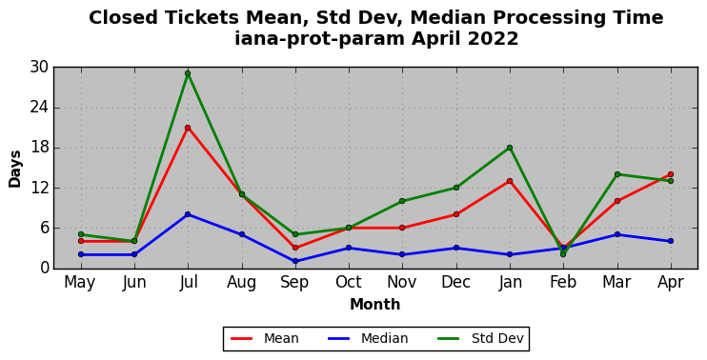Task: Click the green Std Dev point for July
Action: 188,73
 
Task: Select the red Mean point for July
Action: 188,128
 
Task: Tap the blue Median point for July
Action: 188,214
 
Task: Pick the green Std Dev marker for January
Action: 510,148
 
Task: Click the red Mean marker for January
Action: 510,181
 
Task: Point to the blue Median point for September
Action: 294,261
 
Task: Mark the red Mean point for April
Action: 671,174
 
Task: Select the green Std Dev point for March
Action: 616,174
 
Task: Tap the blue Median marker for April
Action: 671,241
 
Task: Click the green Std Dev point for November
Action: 402,201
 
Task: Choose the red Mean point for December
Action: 455,214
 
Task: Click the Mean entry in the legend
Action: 265,338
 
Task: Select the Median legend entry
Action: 367,338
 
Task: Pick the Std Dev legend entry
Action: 480,338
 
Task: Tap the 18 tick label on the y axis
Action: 39,148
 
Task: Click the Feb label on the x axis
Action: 563,283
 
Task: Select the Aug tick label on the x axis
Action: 241,283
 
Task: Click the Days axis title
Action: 15,169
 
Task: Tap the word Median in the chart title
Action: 447,18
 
